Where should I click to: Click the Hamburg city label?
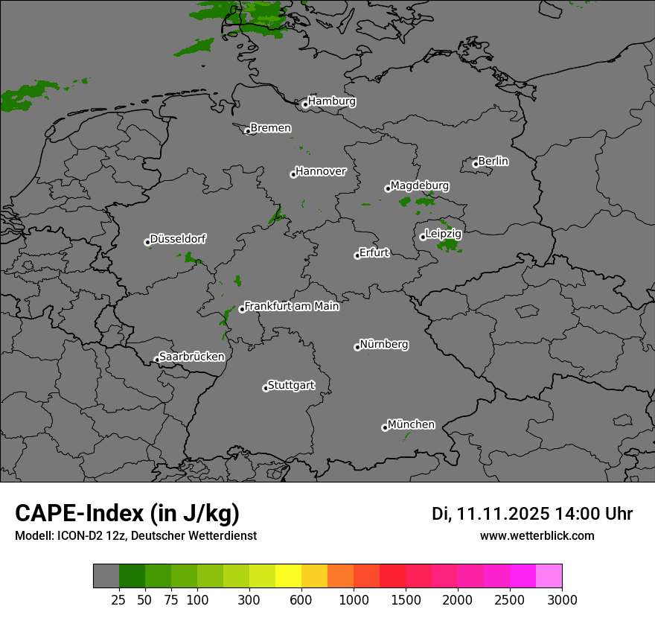(331, 101)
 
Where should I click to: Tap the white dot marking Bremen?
(248, 131)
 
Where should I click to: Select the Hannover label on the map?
(321, 171)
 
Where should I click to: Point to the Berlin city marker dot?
(476, 164)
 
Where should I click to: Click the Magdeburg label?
(420, 185)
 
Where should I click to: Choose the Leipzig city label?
(444, 234)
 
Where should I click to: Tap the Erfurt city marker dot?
(357, 255)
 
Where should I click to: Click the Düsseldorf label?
(178, 239)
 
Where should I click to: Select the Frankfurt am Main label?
(292, 306)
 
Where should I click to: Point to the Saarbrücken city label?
(191, 357)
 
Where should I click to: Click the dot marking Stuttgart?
(266, 388)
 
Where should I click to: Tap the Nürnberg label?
(384, 345)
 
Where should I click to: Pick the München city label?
(411, 424)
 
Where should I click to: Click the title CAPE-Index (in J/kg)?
(127, 513)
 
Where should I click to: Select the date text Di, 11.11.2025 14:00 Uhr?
(532, 514)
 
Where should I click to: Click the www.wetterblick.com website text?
(537, 535)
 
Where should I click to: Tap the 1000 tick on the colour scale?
(354, 599)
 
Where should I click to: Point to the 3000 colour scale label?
(562, 599)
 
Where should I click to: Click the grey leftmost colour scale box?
(106, 576)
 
